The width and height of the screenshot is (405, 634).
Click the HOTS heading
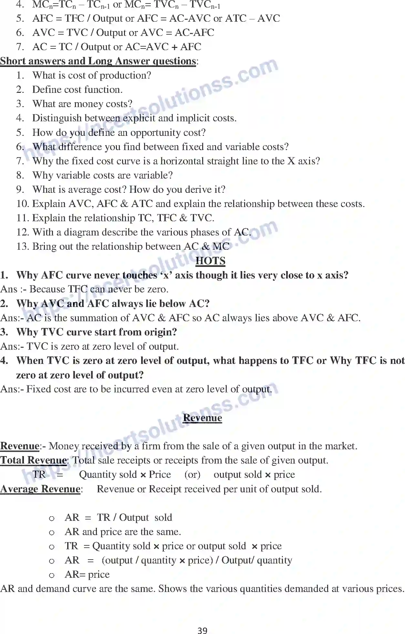pyautogui.click(x=210, y=261)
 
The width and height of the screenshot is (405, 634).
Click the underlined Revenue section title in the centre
pyautogui.click(x=202, y=418)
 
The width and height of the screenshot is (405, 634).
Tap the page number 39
pyautogui.click(x=202, y=630)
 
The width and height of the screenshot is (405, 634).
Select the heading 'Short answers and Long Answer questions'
pyautogui.click(x=98, y=61)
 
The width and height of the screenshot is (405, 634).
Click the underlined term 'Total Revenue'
pyautogui.click(x=34, y=460)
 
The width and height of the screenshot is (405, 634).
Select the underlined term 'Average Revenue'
pyautogui.click(x=40, y=489)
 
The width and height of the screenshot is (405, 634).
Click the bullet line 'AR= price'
pyautogui.click(x=87, y=574)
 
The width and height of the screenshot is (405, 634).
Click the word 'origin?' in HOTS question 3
pyautogui.click(x=159, y=332)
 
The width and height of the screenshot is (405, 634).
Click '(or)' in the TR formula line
pyautogui.click(x=192, y=475)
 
